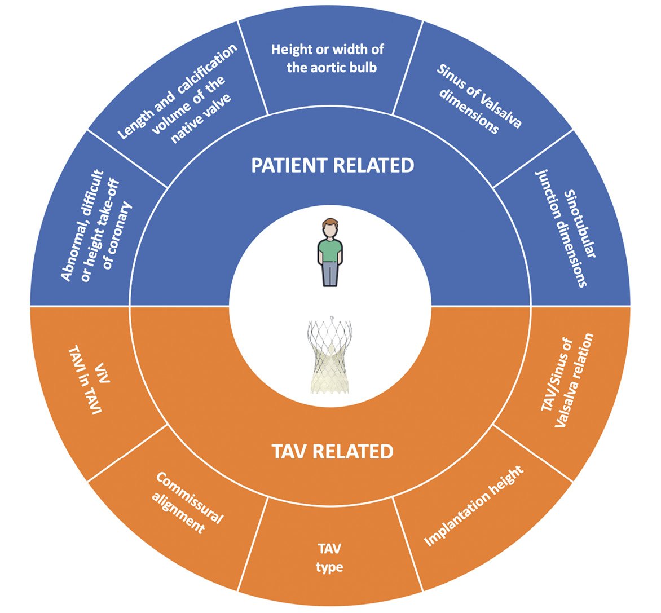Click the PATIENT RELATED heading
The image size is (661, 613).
point(332,165)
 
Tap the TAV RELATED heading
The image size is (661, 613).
point(332,452)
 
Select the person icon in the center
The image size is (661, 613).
point(330,252)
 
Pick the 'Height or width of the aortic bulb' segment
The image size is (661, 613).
point(328,58)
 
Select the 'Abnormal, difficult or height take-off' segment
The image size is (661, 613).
point(96,226)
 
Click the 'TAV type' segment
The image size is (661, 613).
point(329,557)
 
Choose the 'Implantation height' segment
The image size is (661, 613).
point(474,505)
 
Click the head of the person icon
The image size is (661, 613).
point(329,228)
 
